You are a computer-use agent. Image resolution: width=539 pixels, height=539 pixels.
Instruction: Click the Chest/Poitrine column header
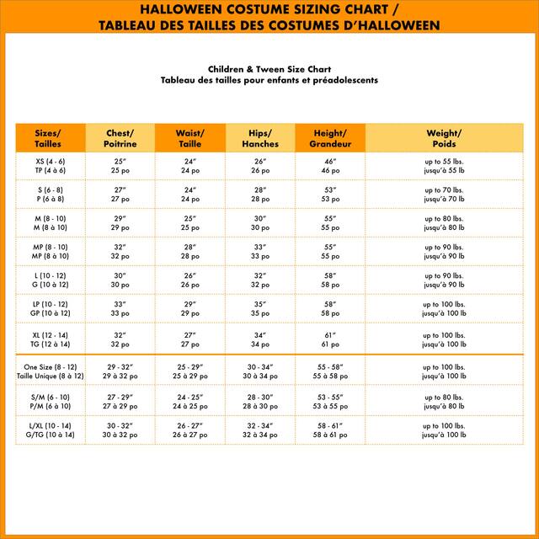tap(120, 138)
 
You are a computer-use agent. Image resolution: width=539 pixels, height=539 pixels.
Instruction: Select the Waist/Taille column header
tap(189, 138)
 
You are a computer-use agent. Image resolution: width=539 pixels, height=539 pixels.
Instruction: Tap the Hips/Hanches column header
tap(259, 138)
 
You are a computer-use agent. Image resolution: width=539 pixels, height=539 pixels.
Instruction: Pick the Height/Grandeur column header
tap(329, 138)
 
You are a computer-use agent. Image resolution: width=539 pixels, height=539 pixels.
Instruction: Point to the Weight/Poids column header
tap(444, 138)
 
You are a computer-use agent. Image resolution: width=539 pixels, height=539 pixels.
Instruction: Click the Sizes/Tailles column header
tap(50, 138)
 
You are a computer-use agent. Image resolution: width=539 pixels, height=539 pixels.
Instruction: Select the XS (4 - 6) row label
tap(50, 165)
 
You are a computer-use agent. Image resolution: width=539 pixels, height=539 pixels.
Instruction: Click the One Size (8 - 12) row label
tap(50, 371)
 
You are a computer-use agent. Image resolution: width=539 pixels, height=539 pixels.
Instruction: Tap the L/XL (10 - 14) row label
tap(50, 430)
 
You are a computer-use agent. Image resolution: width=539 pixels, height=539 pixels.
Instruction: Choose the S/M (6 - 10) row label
tap(50, 401)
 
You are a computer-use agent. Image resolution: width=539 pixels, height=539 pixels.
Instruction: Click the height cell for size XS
tap(329, 165)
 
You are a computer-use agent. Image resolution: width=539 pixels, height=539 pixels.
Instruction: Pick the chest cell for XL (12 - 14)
tap(120, 339)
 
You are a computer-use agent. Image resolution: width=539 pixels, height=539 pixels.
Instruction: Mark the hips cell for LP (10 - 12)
tap(259, 308)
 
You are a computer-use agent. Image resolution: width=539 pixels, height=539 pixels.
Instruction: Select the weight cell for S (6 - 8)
tap(444, 195)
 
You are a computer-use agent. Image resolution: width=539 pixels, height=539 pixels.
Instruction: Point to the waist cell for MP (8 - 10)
tap(189, 251)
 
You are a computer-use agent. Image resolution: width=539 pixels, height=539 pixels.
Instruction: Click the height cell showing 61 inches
tap(329, 339)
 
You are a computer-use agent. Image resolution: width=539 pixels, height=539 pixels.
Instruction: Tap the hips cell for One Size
tap(259, 371)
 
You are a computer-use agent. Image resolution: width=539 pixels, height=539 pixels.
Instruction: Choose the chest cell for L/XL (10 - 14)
tap(120, 430)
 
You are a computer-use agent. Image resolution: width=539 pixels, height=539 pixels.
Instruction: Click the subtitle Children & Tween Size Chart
tap(269, 69)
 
